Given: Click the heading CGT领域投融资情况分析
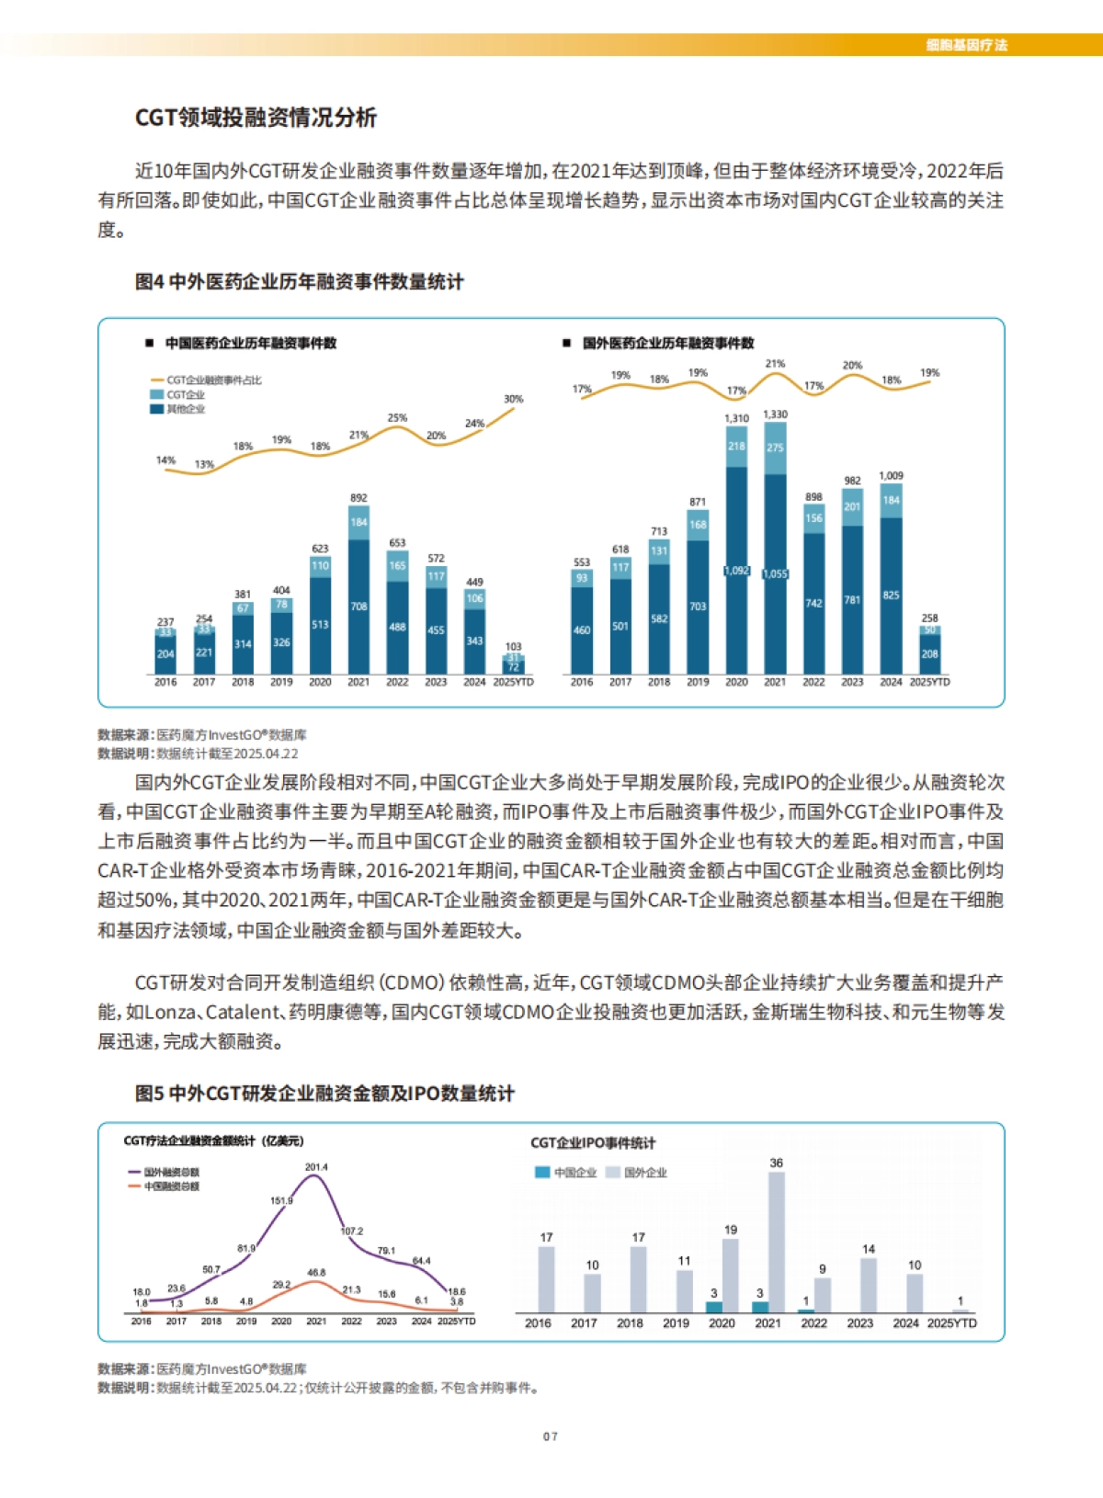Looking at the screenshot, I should coord(256,118).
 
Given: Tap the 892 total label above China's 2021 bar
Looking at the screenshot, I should coord(358,498).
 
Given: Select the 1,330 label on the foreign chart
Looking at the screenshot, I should coord(775,414).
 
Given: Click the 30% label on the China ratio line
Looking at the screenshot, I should coord(513,399).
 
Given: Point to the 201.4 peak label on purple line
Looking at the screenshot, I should coord(316,1167).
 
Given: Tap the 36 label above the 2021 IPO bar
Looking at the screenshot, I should coord(776,1163).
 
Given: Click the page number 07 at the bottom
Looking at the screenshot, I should coord(550,1436).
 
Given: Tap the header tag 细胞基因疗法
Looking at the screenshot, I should coord(966,45).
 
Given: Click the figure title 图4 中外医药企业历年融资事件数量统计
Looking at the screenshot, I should coord(299,282).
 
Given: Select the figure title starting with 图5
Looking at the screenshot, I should coord(324,1094).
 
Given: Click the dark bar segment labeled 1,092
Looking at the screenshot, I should coord(736,571).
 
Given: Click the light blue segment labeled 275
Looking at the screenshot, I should coord(775,448).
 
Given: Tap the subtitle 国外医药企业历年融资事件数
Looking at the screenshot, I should coord(667,343).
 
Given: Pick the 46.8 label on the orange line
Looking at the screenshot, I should coord(316,1273).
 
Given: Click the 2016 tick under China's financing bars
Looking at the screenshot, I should coord(165,682).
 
